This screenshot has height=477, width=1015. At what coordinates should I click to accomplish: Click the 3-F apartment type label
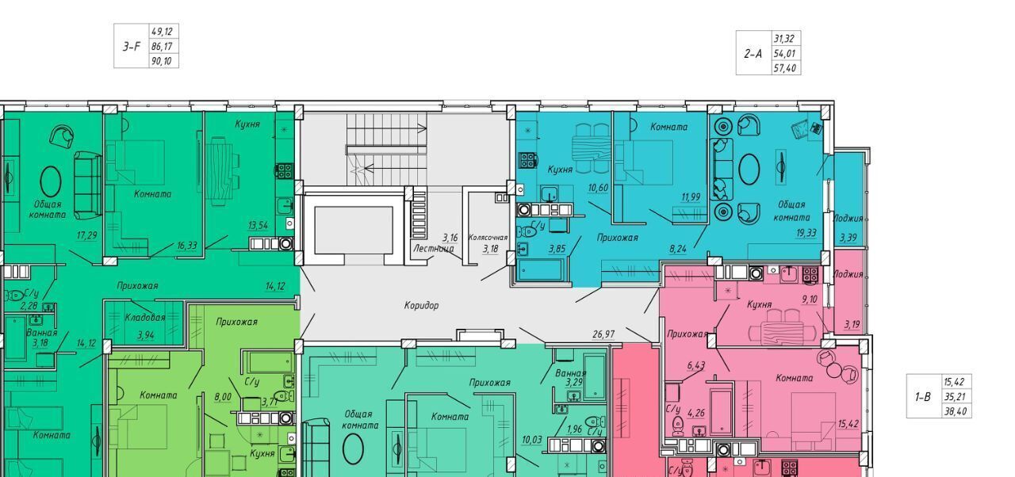pos(132,46)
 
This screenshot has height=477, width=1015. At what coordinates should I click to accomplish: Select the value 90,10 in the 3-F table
pos(162,61)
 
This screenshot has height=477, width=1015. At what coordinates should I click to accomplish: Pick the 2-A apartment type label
pos(753,54)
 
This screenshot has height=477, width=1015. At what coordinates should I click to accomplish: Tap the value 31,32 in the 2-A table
pos(784,39)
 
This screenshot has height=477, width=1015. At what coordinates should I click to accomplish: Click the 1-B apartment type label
pos(923,397)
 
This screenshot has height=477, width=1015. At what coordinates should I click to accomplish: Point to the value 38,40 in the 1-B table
pos(955,412)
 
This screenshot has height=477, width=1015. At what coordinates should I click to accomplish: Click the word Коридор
pos(421,306)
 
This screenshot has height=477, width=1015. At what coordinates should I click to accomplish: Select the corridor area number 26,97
pos(603,334)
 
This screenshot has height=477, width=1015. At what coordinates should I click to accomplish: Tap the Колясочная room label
pos(488,238)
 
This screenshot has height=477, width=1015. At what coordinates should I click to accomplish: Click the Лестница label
pos(434,249)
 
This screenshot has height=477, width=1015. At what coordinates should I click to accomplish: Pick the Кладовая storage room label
pos(145,317)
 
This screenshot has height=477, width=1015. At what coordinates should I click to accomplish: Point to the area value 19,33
pos(806,233)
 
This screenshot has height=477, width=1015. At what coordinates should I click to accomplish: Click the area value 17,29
pos(87,235)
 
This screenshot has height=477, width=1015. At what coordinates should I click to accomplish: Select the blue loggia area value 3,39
pos(848,238)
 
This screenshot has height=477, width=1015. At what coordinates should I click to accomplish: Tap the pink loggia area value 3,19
pos(852,325)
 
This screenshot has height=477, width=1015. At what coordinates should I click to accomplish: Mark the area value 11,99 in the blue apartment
pos(691,197)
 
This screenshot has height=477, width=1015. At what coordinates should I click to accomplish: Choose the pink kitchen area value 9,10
pos(810,300)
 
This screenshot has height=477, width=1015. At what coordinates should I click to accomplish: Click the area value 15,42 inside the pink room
pos(848,424)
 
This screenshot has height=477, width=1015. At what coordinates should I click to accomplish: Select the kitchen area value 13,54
pos(258,225)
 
